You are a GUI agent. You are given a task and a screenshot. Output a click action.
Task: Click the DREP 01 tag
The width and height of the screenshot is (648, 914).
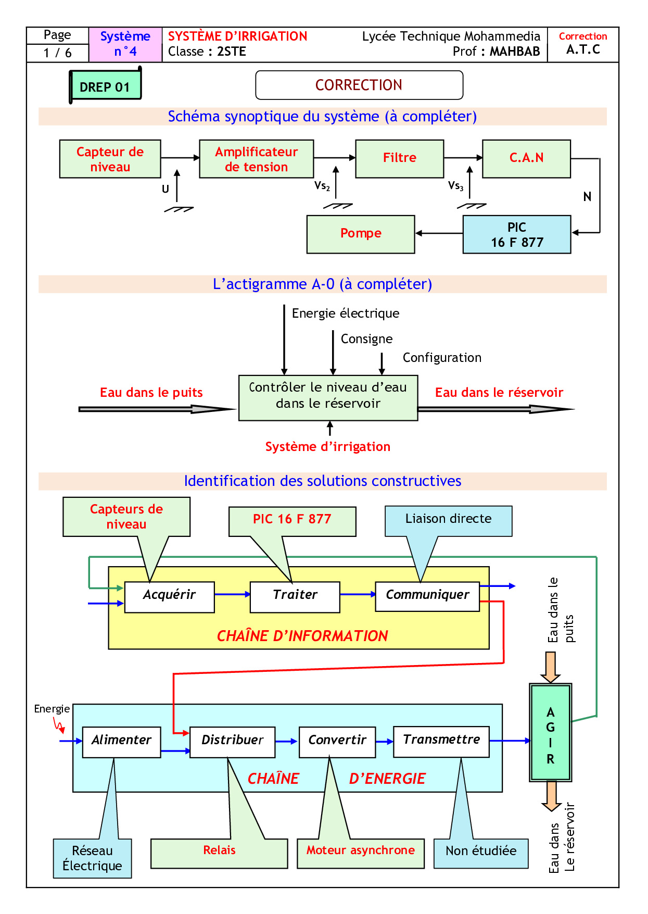(x=105, y=86)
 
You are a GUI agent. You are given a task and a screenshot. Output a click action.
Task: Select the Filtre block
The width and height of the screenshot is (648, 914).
(x=399, y=158)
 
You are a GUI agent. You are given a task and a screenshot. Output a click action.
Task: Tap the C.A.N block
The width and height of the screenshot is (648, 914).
(x=526, y=158)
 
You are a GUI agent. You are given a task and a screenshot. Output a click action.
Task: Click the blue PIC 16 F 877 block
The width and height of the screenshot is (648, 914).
(x=516, y=234)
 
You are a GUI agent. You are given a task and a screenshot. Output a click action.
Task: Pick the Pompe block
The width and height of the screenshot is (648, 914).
(x=361, y=234)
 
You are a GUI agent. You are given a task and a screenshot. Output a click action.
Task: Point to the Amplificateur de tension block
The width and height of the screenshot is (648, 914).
(x=256, y=159)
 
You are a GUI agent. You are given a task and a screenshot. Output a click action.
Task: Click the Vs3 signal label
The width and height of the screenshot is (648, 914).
(x=455, y=186)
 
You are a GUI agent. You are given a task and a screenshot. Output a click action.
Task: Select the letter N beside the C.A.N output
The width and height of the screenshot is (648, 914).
(x=587, y=197)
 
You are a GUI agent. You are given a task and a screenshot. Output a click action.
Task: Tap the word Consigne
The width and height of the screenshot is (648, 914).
(x=366, y=339)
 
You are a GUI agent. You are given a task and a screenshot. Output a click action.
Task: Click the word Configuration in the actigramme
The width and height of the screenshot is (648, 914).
(x=442, y=358)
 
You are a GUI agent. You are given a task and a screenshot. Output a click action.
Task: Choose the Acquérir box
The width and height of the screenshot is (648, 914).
(x=169, y=596)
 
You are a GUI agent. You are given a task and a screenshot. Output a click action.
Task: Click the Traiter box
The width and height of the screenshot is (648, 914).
(x=295, y=596)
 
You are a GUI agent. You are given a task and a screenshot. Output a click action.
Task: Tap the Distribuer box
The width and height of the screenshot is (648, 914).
(x=232, y=742)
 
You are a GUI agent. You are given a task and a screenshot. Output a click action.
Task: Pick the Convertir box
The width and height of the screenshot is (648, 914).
(x=337, y=742)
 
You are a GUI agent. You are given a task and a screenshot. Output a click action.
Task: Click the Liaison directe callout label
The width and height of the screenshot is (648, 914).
(x=448, y=520)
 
